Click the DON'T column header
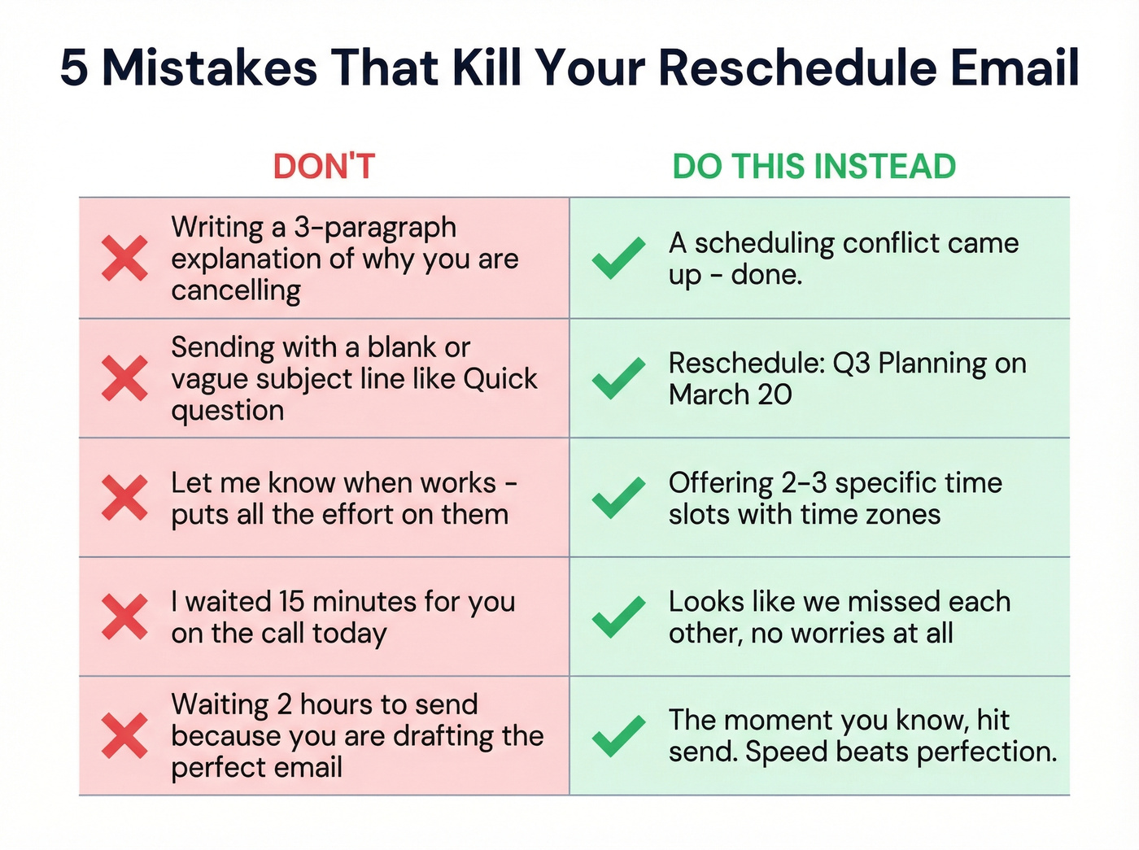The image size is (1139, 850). pos(324,167)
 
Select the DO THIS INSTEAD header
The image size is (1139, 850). pos(814,167)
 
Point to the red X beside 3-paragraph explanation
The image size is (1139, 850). pos(124,259)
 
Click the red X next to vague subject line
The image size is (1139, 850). pos(124,378)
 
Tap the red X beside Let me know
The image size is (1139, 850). pos(124,498)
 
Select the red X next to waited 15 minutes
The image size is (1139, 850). pos(124,617)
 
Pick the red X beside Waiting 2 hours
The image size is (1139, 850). pos(124,735)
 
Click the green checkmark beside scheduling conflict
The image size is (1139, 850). pos(618,259)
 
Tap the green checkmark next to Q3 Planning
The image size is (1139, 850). pos(618,378)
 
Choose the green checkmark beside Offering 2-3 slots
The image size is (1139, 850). pos(618,498)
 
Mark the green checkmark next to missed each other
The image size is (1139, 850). pos(618,617)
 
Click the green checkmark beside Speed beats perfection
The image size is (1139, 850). pos(618,735)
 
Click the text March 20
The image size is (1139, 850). pos(730,394)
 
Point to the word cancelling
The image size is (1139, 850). pos(236,290)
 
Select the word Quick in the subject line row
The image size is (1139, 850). pos(500,379)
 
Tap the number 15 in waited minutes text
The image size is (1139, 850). pos(291,602)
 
